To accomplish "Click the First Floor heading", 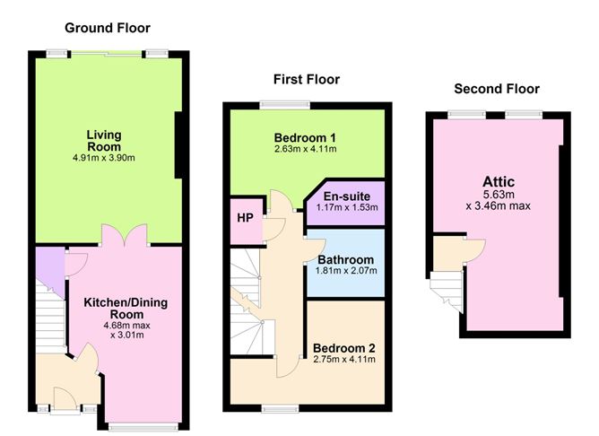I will point(306,80).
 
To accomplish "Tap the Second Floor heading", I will point(497,89).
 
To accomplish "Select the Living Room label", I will point(104,141).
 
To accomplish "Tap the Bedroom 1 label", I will point(305,137).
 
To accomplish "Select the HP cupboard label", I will point(244,218).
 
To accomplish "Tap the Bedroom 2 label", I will point(344,347).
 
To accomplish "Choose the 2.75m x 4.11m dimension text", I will point(344,359).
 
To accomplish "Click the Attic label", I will point(498,182).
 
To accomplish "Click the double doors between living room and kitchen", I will point(122,236).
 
